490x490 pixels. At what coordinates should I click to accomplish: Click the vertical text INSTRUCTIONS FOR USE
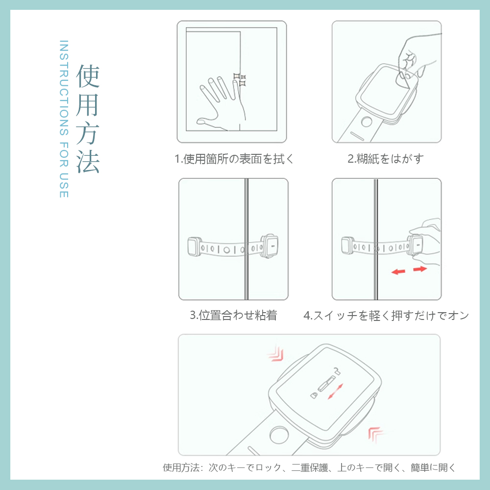click(63, 119)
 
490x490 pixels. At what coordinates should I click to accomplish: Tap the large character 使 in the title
click(88, 76)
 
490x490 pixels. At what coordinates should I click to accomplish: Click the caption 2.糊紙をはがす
click(385, 159)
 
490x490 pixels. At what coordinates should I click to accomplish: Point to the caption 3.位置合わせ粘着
click(233, 315)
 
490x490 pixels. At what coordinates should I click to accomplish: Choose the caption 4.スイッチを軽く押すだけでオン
click(386, 316)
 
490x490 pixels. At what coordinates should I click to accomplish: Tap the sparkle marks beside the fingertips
click(240, 80)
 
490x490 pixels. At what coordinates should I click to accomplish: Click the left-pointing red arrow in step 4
click(398, 271)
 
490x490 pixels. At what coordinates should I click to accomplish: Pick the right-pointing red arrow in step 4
click(420, 269)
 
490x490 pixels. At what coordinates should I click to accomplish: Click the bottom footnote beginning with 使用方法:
click(309, 467)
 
